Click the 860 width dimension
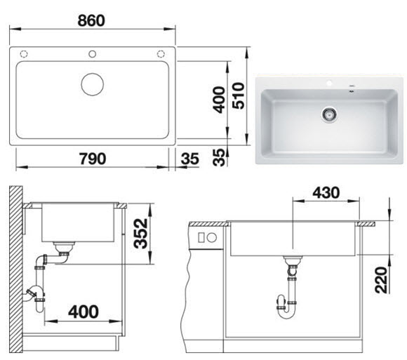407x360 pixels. (x=91, y=20)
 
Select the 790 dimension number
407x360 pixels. (x=93, y=159)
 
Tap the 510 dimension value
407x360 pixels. (x=239, y=95)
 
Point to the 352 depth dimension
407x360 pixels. (x=140, y=233)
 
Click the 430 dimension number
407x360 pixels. (x=326, y=192)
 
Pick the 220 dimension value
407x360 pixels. (x=382, y=280)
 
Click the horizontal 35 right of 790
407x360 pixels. (x=190, y=159)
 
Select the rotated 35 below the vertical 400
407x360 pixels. (x=218, y=157)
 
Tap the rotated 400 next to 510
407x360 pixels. (x=218, y=100)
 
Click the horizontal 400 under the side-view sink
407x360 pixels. (x=84, y=312)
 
